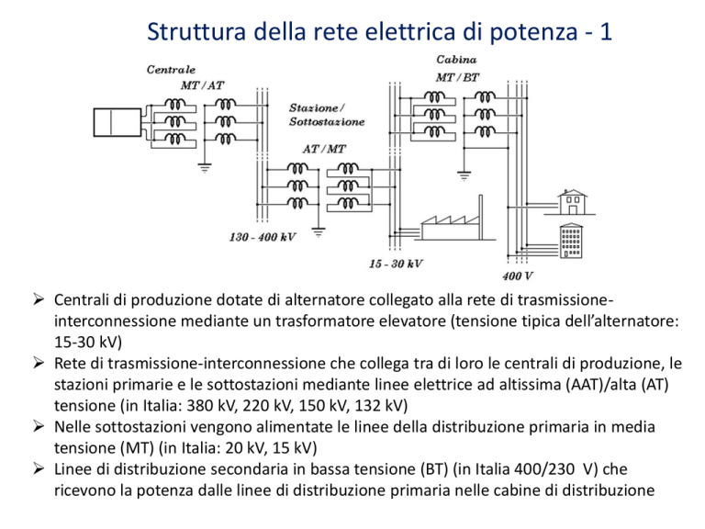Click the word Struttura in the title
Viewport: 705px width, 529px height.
[x=196, y=31]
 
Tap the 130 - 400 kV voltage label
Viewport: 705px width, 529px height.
[x=263, y=237]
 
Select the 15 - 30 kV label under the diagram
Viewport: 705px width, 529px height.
[x=396, y=264]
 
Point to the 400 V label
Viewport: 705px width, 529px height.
[x=518, y=276]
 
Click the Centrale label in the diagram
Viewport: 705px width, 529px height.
[x=171, y=70]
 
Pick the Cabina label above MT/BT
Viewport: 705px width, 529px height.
[x=456, y=60]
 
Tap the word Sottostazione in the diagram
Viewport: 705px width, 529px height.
[x=327, y=122]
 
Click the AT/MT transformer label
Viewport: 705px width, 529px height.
[x=324, y=149]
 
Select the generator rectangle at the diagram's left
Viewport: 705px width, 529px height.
[x=117, y=122]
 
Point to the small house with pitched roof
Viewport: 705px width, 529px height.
[x=572, y=202]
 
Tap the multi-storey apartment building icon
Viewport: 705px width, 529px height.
[x=571, y=241]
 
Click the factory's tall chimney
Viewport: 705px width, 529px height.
[x=481, y=218]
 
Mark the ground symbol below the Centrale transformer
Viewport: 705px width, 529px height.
[x=205, y=168]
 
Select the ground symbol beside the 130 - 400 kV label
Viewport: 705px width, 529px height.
[x=319, y=232]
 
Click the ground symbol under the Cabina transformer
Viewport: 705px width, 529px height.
[x=464, y=175]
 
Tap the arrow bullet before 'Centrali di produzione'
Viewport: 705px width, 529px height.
[x=39, y=299]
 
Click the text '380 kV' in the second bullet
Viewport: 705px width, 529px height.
[x=211, y=405]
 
